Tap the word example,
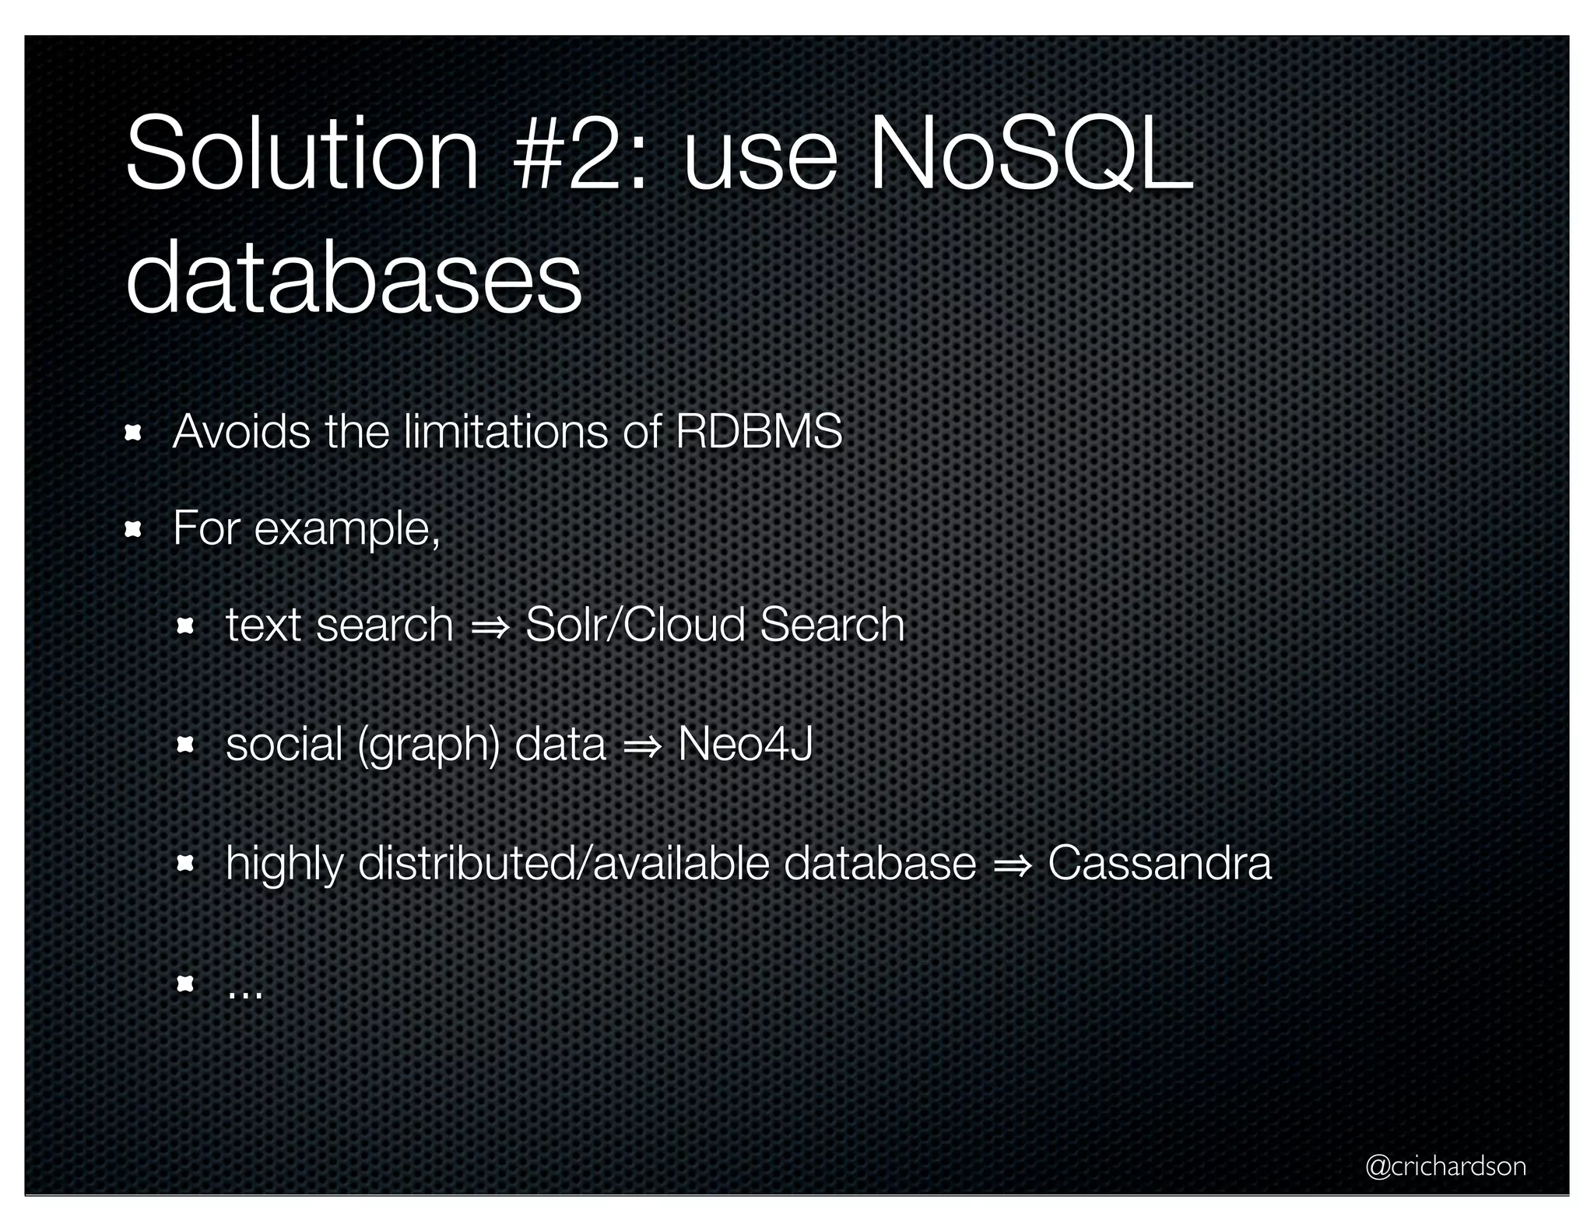point(347,530)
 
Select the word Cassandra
point(1159,863)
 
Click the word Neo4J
point(745,744)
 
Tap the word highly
point(284,865)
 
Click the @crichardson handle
point(1445,1166)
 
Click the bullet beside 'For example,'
point(132,530)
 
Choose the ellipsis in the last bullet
point(245,994)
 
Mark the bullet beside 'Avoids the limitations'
point(132,433)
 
